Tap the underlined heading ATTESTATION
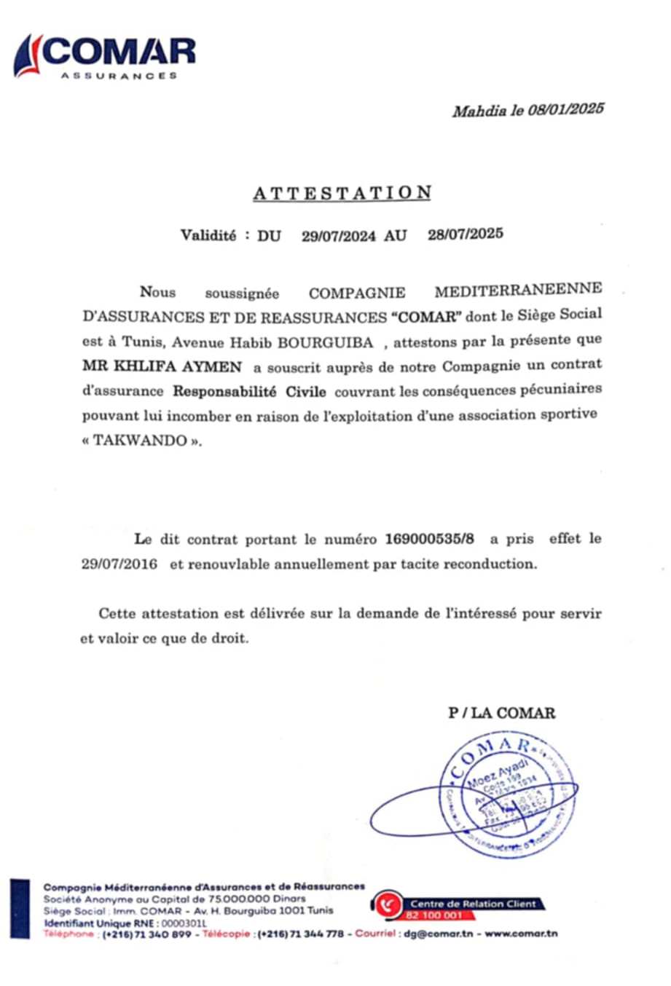342,193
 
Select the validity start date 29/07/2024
339,235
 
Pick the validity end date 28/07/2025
466,234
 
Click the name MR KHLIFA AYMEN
161,366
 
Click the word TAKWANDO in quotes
140,441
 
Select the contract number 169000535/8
429,540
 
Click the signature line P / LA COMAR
501,713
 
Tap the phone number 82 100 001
434,915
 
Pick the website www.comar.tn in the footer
522,934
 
